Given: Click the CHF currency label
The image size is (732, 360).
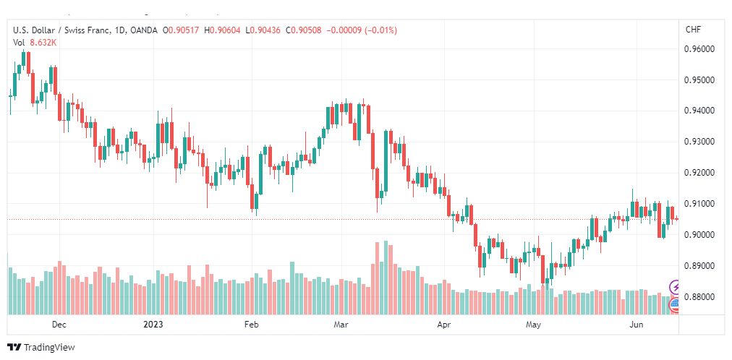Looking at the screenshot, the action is [693, 30].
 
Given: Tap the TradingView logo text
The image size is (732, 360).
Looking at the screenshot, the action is [49, 348].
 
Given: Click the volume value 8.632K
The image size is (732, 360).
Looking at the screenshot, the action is [43, 43].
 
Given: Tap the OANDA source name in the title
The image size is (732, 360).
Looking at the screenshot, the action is [144, 30].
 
